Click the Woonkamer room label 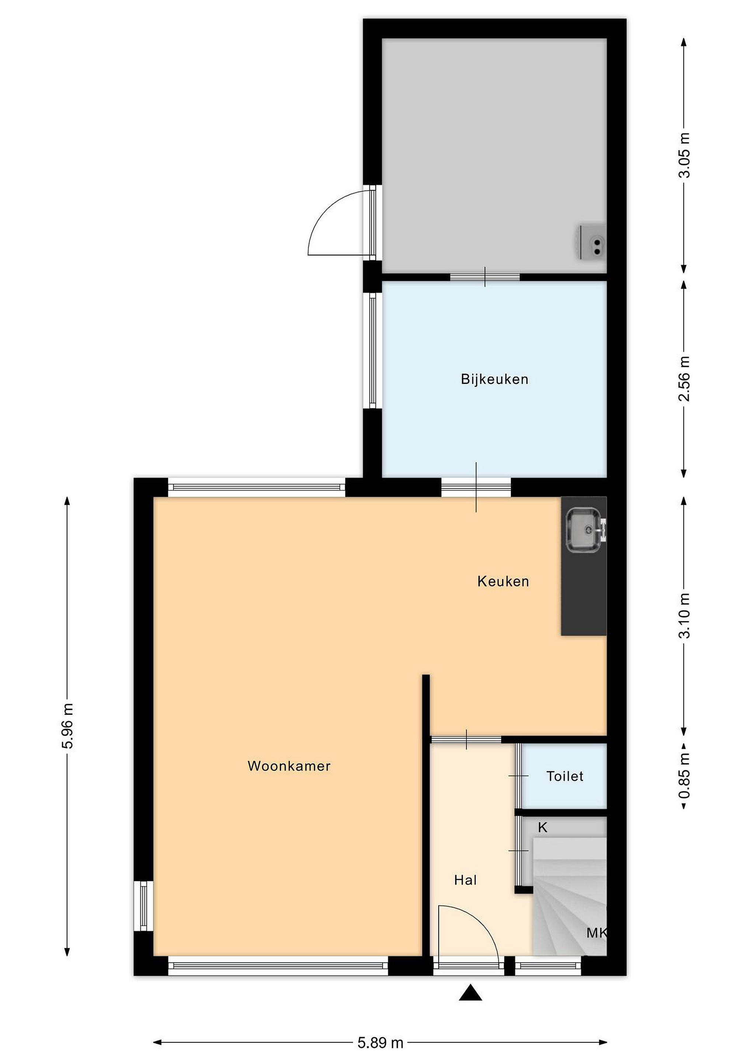[289, 766]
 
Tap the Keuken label [503, 582]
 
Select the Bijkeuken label [494, 379]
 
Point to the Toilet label [565, 776]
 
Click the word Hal [465, 880]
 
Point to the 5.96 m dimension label [67, 726]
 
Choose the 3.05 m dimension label [684, 155]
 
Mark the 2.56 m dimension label [684, 379]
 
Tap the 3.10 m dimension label [684, 616]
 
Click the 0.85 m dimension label [684, 776]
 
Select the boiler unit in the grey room [591, 242]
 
